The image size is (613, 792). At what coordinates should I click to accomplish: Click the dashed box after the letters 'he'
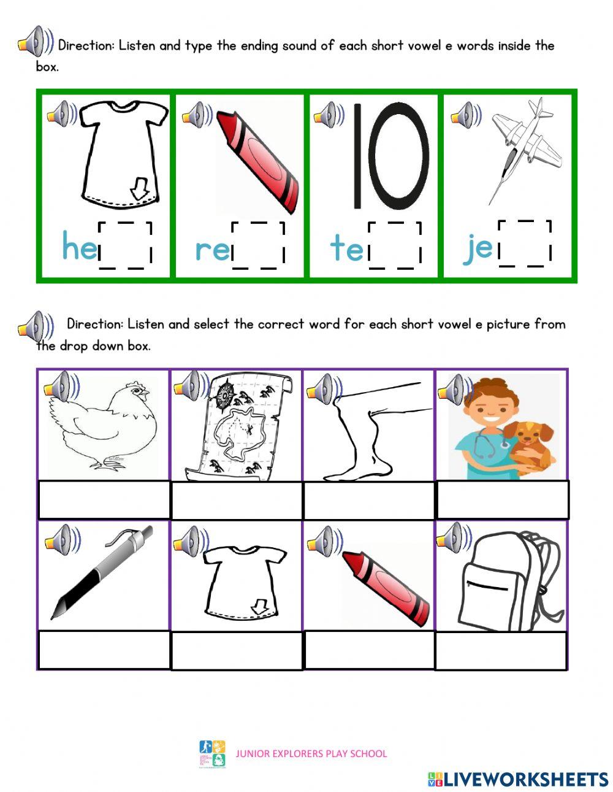(x=125, y=245)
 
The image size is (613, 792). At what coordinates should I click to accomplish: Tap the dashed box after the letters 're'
(x=258, y=245)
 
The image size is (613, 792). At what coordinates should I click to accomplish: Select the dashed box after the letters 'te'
(x=394, y=245)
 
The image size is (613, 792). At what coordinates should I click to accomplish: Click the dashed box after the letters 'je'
(x=525, y=244)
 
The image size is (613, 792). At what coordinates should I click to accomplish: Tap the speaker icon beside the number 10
(x=329, y=115)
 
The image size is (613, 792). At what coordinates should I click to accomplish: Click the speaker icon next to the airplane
(x=465, y=115)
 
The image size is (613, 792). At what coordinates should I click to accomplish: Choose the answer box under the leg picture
(x=369, y=501)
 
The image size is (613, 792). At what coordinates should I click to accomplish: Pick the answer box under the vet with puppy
(x=502, y=500)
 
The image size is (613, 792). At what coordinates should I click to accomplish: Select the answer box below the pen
(x=104, y=650)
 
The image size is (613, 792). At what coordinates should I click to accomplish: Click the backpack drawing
(x=509, y=580)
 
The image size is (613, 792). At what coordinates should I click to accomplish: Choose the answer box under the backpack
(x=501, y=650)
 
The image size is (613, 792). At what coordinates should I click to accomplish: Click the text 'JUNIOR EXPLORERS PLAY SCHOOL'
(x=311, y=753)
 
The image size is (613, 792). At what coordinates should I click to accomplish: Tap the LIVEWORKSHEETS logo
(x=518, y=779)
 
